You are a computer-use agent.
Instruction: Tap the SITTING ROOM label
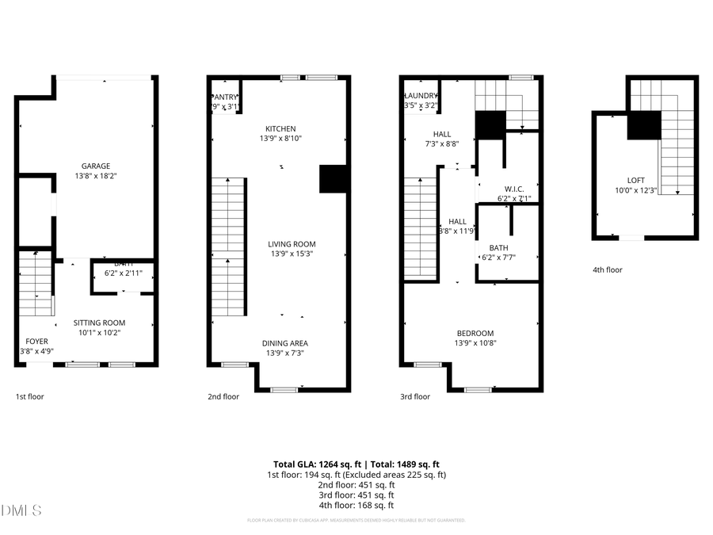(x=99, y=323)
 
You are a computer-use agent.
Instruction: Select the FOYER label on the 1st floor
(x=36, y=342)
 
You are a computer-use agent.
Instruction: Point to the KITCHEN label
(x=280, y=128)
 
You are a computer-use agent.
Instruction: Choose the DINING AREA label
(x=285, y=343)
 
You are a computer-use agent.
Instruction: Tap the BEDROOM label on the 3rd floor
(x=475, y=333)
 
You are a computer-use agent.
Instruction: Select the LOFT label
(x=635, y=180)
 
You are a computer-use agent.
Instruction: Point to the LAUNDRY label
(x=421, y=95)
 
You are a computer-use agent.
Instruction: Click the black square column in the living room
(x=334, y=178)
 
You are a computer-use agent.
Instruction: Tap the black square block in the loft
(x=644, y=125)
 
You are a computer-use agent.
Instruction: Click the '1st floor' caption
(x=30, y=396)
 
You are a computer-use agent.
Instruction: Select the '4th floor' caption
(x=608, y=269)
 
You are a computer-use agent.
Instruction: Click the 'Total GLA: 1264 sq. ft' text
(x=311, y=464)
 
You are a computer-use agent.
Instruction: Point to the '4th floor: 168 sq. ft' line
(x=356, y=505)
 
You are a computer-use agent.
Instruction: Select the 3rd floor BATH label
(x=498, y=248)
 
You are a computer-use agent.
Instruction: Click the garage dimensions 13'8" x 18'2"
(x=97, y=175)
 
